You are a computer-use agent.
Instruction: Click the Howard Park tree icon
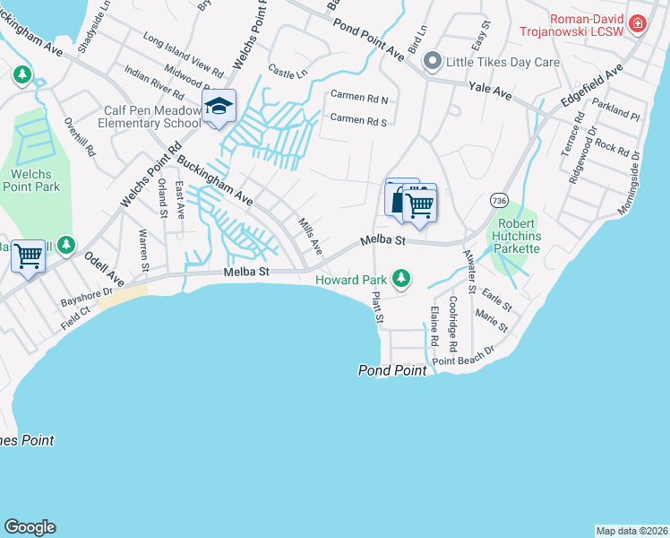pyautogui.click(x=403, y=279)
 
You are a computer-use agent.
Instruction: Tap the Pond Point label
pyautogui.click(x=391, y=369)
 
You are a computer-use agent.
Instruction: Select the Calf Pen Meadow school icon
pyautogui.click(x=219, y=107)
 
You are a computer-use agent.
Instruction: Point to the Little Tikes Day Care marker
pyautogui.click(x=433, y=62)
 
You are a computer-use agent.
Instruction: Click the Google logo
pyautogui.click(x=30, y=527)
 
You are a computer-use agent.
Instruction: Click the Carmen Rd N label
pyautogui.click(x=358, y=96)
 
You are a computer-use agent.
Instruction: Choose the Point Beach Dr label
pyautogui.click(x=463, y=355)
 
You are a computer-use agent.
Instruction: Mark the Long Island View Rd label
pyautogui.click(x=182, y=55)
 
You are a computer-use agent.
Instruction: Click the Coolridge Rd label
pyautogui.click(x=453, y=324)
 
